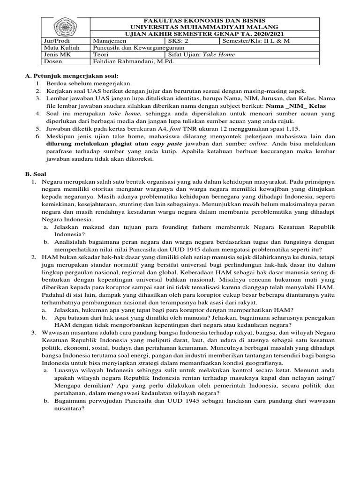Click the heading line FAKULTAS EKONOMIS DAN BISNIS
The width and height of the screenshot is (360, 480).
[204, 21]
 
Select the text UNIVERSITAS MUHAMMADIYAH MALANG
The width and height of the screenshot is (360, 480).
[204, 28]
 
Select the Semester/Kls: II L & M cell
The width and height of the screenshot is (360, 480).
[256, 41]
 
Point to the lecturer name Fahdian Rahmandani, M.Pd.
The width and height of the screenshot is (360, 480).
[126, 61]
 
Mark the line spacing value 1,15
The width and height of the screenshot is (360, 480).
[291, 128]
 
